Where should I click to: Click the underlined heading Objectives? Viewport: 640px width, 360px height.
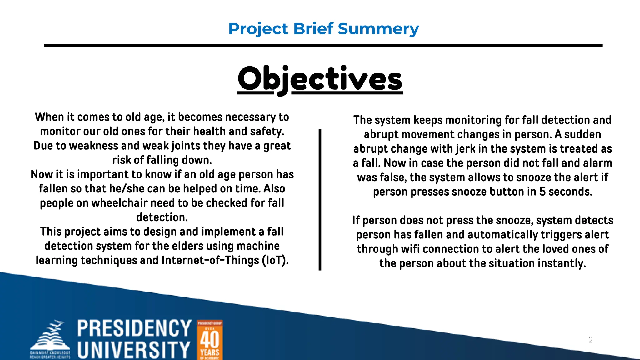tap(320, 79)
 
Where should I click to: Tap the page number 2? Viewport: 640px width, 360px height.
tap(590, 340)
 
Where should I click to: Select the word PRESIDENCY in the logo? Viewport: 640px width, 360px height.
tap(134, 328)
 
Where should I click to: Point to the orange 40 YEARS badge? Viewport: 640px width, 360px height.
tap(210, 340)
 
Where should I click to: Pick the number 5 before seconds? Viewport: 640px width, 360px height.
tap(542, 192)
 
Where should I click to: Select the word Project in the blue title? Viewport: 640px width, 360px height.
tap(258, 29)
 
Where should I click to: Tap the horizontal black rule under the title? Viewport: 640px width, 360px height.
tap(323, 46)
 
